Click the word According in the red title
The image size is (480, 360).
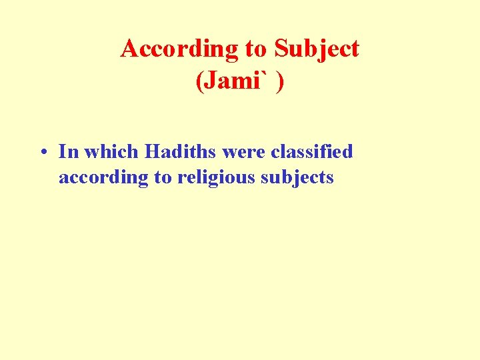tap(179, 49)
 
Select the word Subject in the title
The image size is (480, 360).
tap(317, 49)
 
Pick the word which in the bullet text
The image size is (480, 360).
tap(113, 152)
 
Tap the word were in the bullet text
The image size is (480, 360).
tap(244, 152)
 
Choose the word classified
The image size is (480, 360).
tap(312, 152)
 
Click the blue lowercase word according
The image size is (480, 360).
tap(99, 177)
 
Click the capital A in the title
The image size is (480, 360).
tap(129, 49)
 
